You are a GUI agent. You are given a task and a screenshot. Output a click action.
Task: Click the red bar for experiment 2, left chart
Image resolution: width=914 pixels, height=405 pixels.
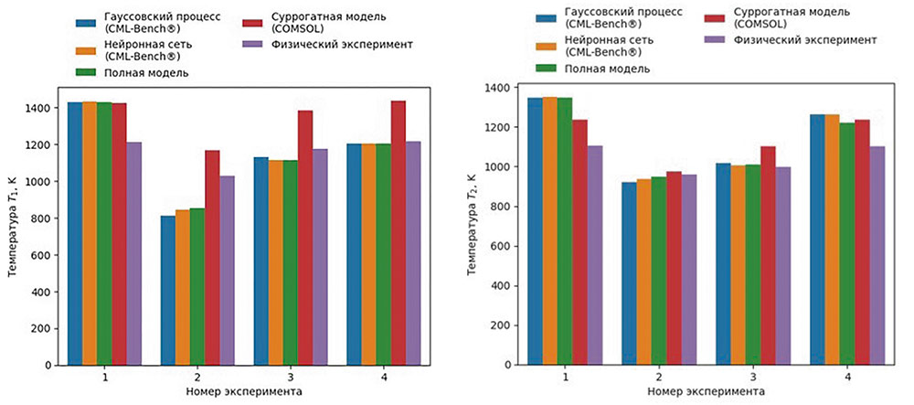pos(212,258)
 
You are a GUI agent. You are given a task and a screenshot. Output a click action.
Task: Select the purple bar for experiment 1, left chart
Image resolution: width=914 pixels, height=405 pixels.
pos(134,253)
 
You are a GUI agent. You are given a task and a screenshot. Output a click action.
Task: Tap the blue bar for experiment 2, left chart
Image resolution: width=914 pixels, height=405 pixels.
pos(166,291)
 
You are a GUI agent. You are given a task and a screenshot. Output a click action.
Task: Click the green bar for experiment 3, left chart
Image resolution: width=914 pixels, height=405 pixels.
pos(290,262)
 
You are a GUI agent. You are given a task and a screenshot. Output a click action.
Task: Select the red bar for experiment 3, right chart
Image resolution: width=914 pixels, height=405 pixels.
pos(769,256)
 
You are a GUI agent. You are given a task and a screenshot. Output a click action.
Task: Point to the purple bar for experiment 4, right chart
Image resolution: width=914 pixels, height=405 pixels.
pos(877,257)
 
